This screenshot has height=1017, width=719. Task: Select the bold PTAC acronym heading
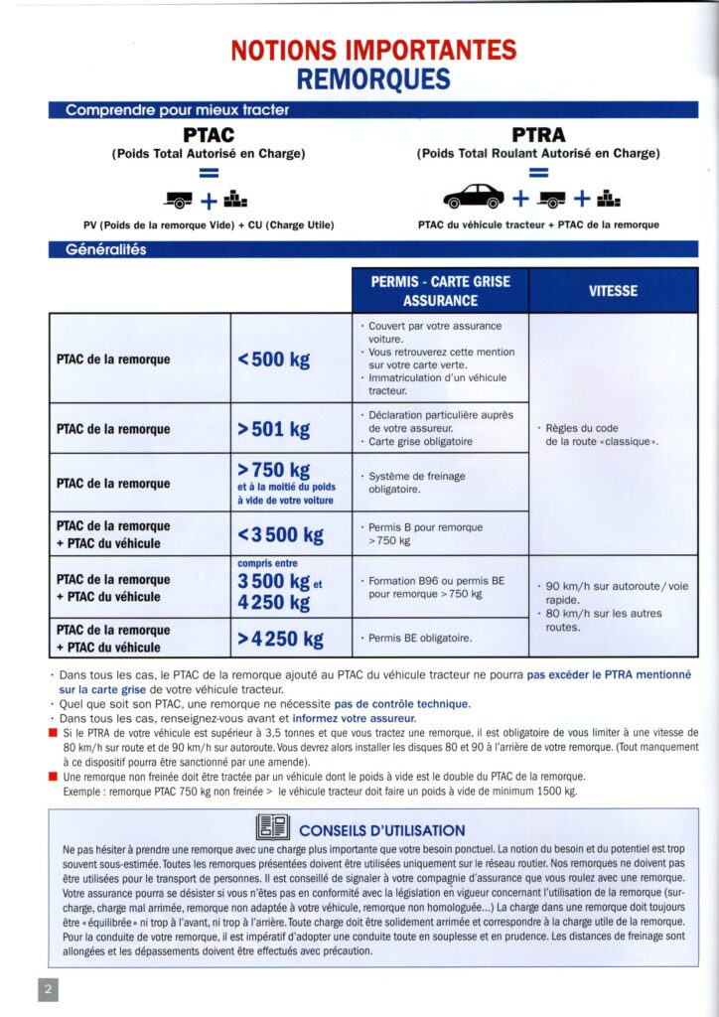pos(208,135)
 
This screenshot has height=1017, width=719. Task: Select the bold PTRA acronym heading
pos(538,135)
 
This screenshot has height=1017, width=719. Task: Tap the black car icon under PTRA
pos(474,195)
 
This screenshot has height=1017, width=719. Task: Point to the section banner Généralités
pos(106,249)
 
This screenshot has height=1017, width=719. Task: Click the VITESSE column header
pos(613,291)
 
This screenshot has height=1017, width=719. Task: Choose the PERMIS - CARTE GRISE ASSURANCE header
pos(440,291)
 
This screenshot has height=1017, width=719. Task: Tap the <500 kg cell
pos(274,359)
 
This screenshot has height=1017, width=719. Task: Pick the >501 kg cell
pos(274,429)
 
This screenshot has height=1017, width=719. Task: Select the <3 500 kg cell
pos(281,535)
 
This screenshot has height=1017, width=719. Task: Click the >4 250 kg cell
pos(281,639)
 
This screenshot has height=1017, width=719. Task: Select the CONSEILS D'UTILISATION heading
pos(381,830)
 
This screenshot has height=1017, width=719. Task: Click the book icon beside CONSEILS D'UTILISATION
pos(273,827)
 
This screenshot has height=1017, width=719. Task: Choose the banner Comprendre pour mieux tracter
pos(178,110)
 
